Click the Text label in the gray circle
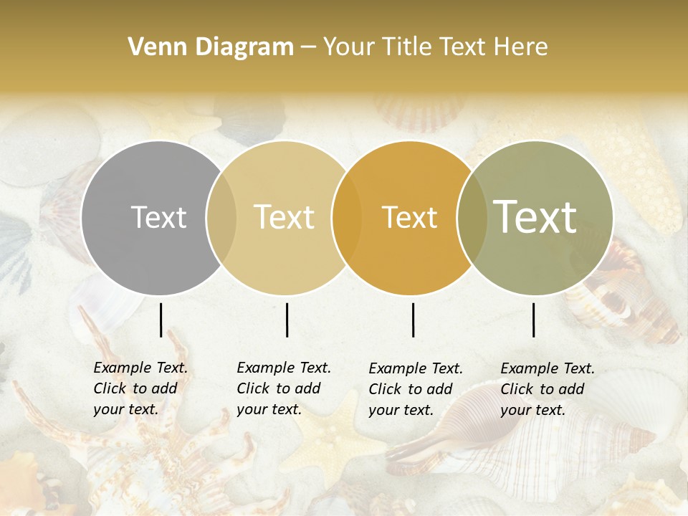point(158,217)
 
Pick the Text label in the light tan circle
point(285,217)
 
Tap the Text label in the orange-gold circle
point(409,217)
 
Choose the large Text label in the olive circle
point(535,217)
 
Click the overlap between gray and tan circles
point(221,218)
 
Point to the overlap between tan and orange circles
point(347,218)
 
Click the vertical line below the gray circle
point(161,320)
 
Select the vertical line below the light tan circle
point(287,320)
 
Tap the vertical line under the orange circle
point(413,320)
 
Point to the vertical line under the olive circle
point(533,320)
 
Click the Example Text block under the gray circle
point(140,388)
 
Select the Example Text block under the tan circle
point(283,388)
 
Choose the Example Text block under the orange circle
point(415,389)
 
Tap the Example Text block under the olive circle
point(547,389)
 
